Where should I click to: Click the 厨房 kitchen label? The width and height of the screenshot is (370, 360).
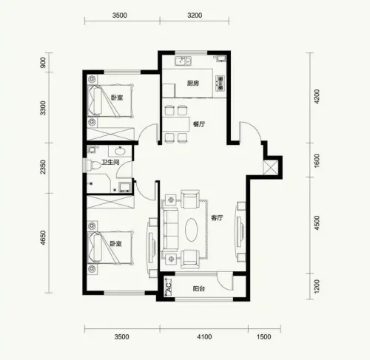tap(193, 84)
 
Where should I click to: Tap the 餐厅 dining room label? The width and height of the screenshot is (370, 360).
tap(199, 124)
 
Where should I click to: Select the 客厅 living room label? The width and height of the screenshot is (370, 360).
tap(217, 218)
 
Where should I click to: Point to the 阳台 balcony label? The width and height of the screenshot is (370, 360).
tap(199, 288)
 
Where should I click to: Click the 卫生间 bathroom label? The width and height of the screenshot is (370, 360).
tap(111, 162)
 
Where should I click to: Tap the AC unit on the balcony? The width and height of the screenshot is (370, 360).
tap(168, 288)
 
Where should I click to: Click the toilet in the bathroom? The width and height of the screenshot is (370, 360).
tap(94, 166)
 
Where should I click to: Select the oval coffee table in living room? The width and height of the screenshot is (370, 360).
tap(192, 230)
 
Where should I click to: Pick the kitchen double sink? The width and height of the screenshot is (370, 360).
tap(183, 61)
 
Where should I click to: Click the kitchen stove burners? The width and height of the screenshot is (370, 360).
tap(221, 83)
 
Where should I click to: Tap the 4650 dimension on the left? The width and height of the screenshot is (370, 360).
tap(43, 238)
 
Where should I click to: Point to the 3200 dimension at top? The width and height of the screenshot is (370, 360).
tap(195, 16)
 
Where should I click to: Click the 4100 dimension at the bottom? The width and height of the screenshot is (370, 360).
tap(204, 336)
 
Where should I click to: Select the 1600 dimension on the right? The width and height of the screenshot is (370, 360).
tap(317, 160)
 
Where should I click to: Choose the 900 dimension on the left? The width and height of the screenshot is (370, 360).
tap(43, 63)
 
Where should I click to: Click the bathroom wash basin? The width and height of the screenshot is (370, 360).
tap(121, 151)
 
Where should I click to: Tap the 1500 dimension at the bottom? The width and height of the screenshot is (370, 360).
tap(263, 336)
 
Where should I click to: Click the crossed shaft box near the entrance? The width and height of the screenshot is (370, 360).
tap(271, 168)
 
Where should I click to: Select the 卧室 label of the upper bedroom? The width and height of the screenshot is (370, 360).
tap(117, 98)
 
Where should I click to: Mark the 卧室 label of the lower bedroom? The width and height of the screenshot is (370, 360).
tap(115, 244)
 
